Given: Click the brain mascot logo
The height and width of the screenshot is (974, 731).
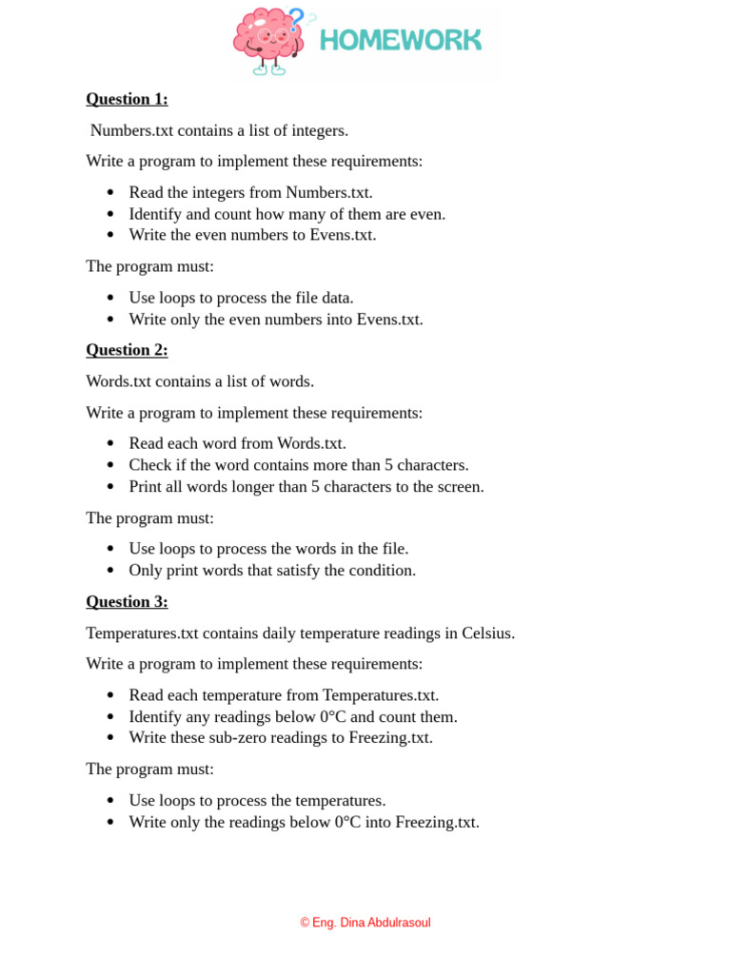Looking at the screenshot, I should (x=269, y=40).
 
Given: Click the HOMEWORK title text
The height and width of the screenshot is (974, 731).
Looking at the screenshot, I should (x=401, y=40).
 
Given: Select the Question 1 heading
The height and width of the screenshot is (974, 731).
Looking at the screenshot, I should (x=127, y=99).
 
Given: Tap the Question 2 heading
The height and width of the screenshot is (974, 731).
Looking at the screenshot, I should (x=127, y=350).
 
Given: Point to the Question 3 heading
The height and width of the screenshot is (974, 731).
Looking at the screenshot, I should (x=127, y=601).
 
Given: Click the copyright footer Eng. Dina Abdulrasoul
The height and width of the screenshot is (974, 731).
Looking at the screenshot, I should (x=365, y=923).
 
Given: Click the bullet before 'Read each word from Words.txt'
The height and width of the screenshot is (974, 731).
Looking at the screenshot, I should (x=110, y=444).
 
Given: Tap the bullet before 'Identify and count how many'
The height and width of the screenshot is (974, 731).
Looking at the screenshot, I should (x=110, y=215).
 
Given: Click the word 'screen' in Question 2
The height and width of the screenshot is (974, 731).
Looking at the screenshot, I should (x=457, y=487).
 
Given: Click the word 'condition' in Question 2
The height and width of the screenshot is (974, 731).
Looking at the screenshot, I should (x=383, y=571).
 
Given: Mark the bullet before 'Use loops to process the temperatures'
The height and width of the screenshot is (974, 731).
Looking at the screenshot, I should (x=110, y=801).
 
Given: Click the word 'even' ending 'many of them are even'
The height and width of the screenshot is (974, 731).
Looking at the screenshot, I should (x=426, y=214).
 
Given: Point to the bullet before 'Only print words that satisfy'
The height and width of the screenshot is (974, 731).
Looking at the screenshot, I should (x=110, y=572).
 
